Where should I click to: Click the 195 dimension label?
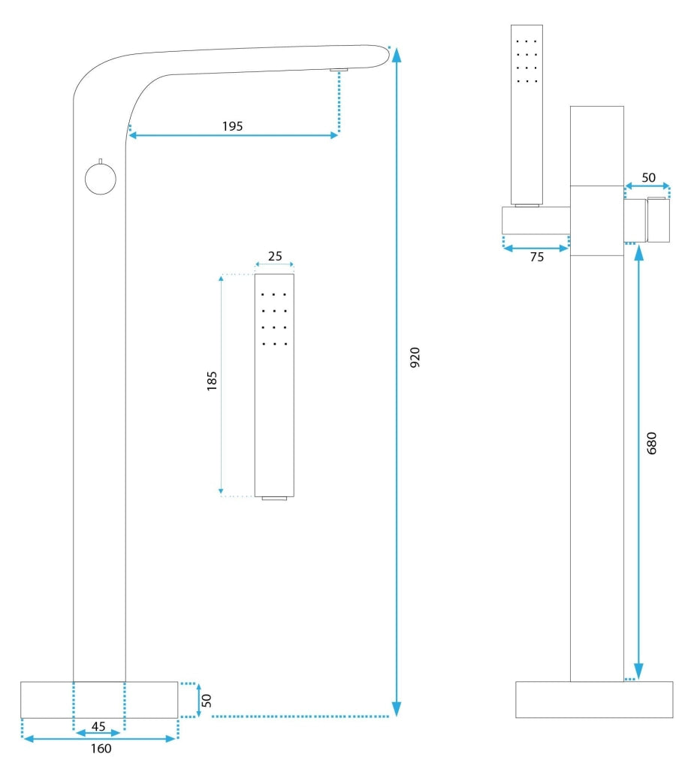232,126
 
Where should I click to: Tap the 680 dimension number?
651,444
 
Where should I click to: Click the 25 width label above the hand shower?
275,256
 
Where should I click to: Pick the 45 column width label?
98,725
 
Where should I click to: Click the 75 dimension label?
536,256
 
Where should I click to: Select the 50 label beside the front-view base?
207,700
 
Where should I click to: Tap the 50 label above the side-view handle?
647,178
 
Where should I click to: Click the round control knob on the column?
101,179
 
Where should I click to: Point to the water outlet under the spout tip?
339,70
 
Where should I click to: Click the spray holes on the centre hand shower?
275,319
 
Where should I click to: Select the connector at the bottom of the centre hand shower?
275,498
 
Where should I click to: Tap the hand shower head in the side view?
527,113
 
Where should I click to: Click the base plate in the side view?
593,699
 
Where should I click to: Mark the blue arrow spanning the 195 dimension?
234,136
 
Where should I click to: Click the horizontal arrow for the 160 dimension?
100,738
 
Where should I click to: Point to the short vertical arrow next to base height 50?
198,700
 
